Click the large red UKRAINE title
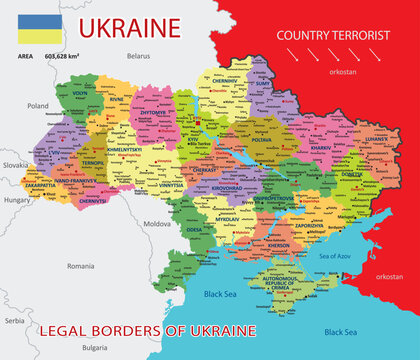(x=130, y=27)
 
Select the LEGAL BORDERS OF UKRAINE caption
(x=147, y=329)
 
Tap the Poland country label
(x=38, y=104)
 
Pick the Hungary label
(x=18, y=200)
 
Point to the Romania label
(x=80, y=266)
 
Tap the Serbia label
(x=13, y=321)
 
